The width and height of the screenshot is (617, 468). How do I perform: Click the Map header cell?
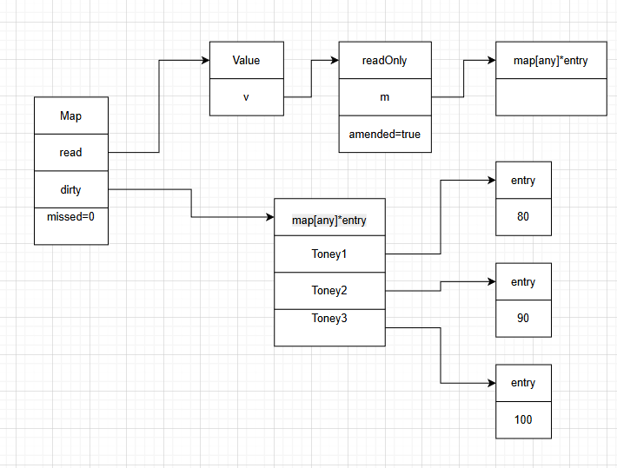(x=70, y=115)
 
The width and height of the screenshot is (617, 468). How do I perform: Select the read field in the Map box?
(x=70, y=152)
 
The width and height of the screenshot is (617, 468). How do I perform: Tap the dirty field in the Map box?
(x=70, y=189)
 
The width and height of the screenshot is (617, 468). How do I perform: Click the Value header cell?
(x=246, y=60)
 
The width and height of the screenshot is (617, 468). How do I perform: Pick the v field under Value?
(x=246, y=96)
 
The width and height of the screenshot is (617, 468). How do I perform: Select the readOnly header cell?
(x=384, y=60)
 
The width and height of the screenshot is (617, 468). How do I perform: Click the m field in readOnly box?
(x=384, y=96)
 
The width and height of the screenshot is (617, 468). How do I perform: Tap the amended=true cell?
(x=384, y=134)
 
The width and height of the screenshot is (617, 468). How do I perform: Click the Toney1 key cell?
(x=328, y=254)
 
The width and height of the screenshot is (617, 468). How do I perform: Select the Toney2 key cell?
(x=328, y=290)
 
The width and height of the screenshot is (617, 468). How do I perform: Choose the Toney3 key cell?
(x=328, y=319)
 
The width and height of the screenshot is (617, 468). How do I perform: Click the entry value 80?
(x=522, y=216)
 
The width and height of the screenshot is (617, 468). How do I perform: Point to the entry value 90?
(x=522, y=318)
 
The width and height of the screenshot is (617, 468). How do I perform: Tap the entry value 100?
(x=522, y=419)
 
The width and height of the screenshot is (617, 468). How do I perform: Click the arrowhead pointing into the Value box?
(x=205, y=60)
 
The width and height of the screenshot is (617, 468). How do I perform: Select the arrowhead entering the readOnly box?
(x=334, y=60)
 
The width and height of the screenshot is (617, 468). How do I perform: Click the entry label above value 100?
(x=522, y=382)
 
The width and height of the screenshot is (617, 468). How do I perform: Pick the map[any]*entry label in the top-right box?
(x=550, y=60)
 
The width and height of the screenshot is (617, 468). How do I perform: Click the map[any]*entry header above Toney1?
(x=328, y=220)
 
